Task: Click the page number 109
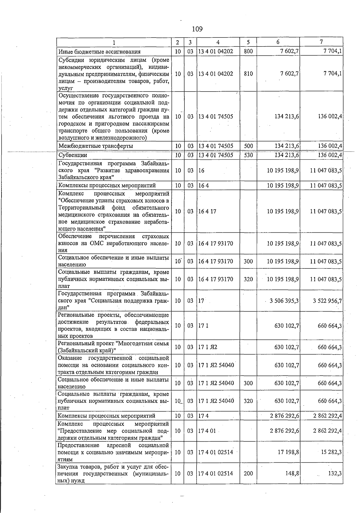pyautogui.click(x=197, y=29)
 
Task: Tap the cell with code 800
pyautogui.click(x=248, y=51)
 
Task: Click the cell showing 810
pyautogui.click(x=248, y=74)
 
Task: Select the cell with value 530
pyautogui.click(x=248, y=155)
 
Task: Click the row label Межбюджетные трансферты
pyautogui.click(x=96, y=146)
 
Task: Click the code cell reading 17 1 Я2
pyautogui.click(x=208, y=347)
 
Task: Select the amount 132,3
pyautogui.click(x=335, y=473)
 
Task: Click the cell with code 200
pyautogui.click(x=248, y=473)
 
